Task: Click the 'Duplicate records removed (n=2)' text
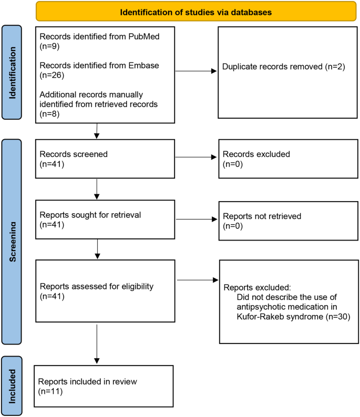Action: coord(283,67)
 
